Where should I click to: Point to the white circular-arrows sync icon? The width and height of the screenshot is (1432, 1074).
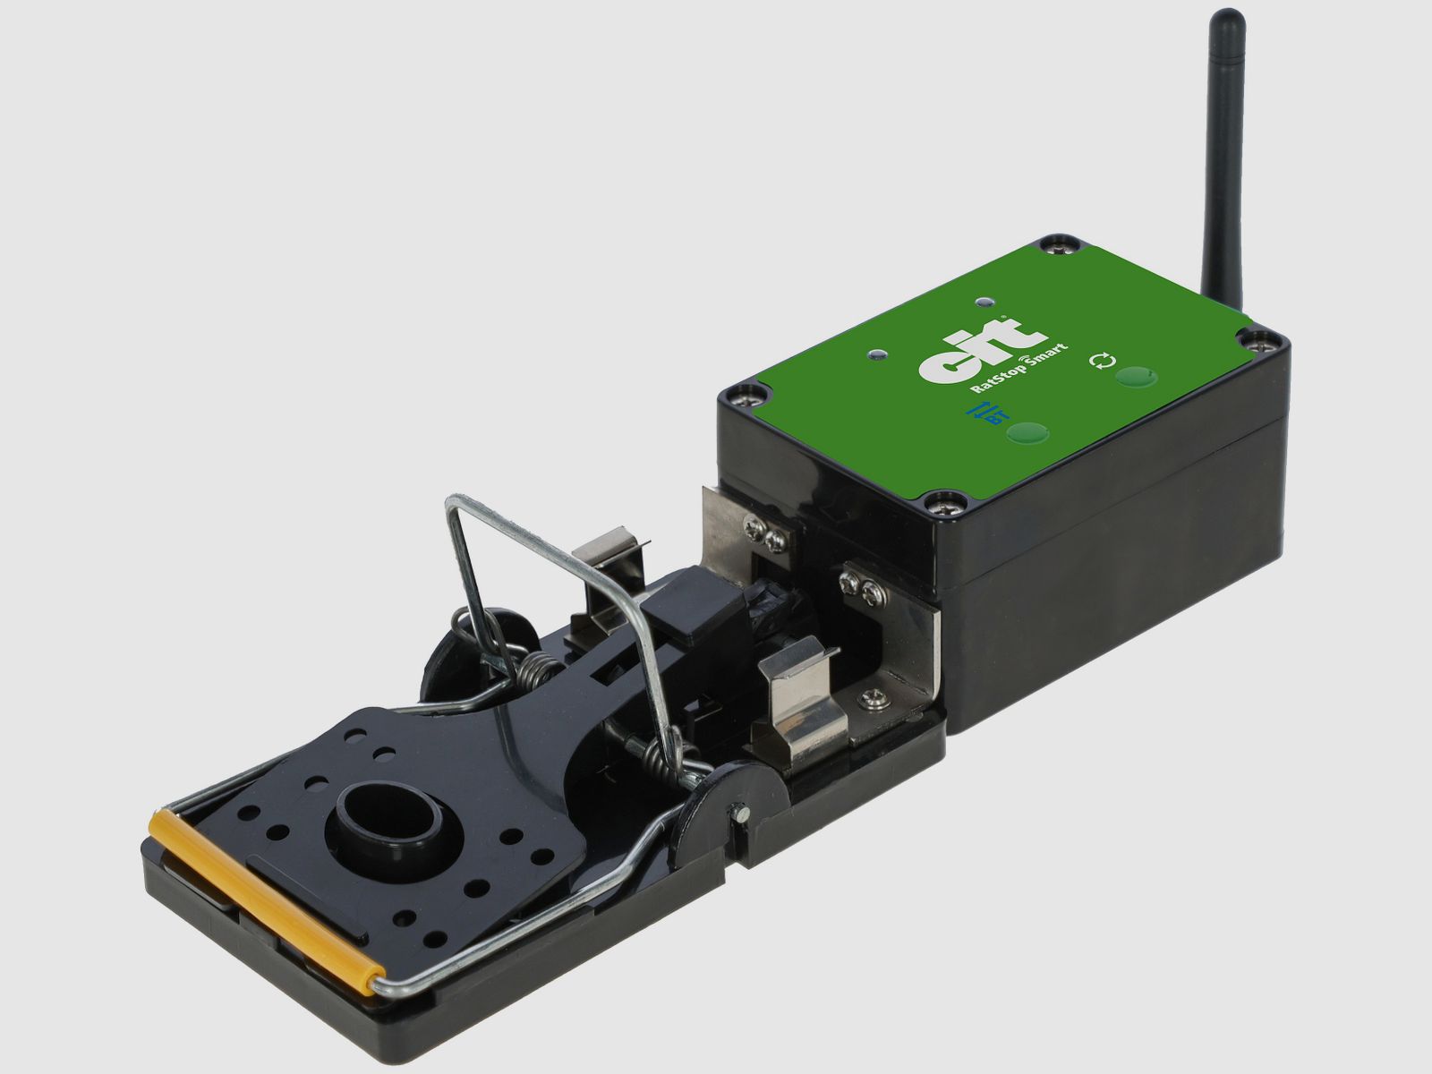(x=1102, y=361)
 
